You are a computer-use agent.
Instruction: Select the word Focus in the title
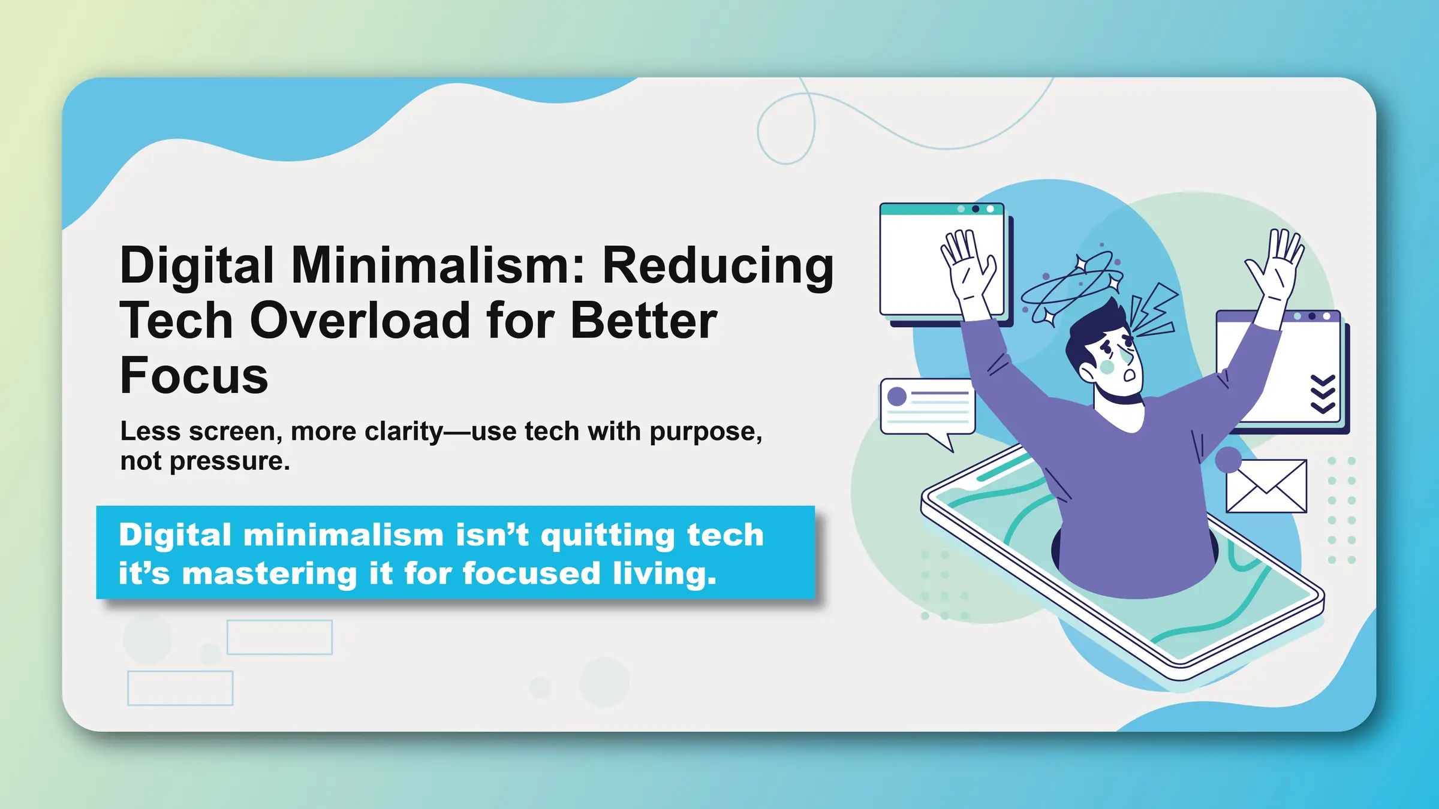(194, 376)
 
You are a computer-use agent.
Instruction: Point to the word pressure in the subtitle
(229, 461)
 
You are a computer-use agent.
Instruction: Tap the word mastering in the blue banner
(270, 573)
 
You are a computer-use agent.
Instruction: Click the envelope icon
(1266, 486)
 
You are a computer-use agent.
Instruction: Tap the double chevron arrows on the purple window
(1323, 394)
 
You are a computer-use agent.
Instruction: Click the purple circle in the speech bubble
(897, 397)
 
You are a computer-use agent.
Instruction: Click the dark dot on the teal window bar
(976, 209)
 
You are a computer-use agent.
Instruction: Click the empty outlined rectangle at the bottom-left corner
(180, 688)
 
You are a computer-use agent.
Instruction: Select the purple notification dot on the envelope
(1229, 460)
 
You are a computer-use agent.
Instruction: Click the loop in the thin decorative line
(786, 129)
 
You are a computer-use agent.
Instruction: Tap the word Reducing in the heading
(718, 265)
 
